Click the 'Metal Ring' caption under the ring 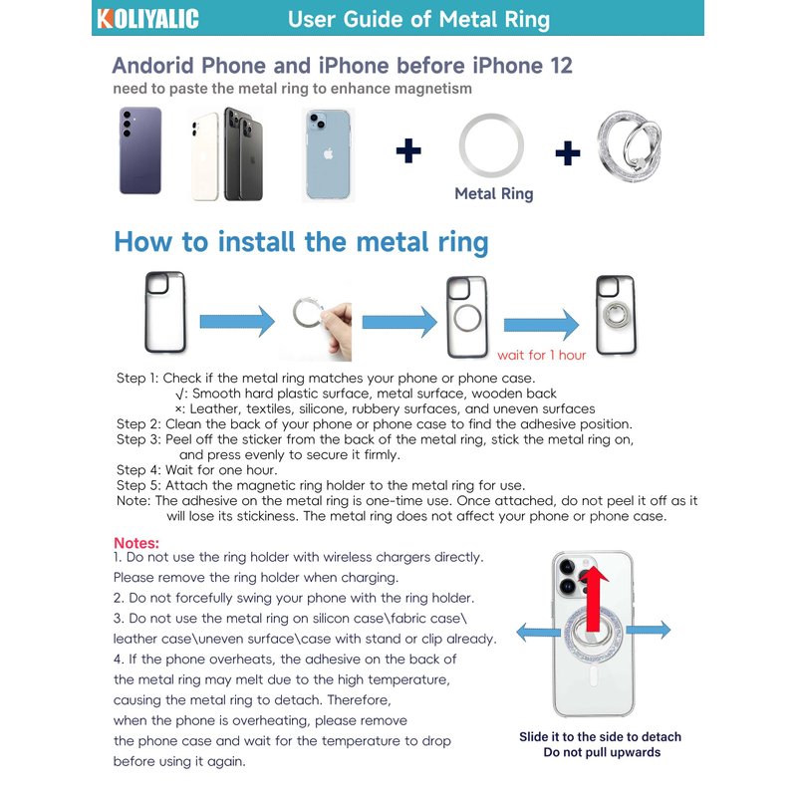coord(493,194)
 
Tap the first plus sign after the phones coord(408,151)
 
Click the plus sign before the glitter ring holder coord(567,152)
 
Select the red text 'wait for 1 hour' coord(541,355)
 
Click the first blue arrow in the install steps coord(237,321)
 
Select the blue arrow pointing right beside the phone coord(649,630)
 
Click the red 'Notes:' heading coord(136,542)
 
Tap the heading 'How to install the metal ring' coord(301,242)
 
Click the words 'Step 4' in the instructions coord(137,469)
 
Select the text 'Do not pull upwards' coord(601,752)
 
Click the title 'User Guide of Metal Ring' coord(417,19)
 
